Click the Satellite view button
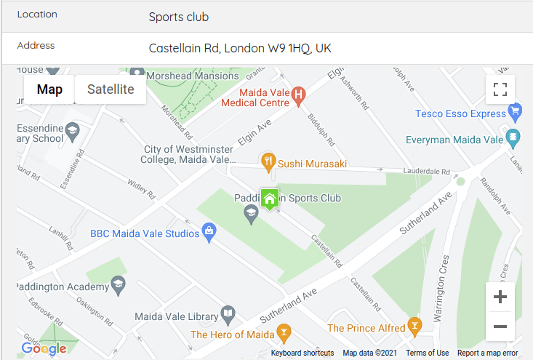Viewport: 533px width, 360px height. click(111, 89)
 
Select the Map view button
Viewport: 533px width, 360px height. click(49, 89)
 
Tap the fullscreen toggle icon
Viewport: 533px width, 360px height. click(500, 89)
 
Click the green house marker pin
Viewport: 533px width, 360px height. click(270, 199)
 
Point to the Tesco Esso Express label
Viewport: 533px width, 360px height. click(460, 113)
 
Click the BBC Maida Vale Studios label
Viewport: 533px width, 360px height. click(144, 233)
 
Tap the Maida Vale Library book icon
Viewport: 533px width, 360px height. click(228, 314)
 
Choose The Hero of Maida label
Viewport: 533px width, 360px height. click(232, 335)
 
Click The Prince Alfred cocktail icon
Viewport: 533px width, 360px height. click(414, 324)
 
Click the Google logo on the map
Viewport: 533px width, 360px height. click(44, 349)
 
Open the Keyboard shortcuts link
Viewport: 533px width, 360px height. click(302, 353)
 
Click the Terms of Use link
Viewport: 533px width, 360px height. click(427, 353)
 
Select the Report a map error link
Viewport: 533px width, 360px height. click(488, 353)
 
